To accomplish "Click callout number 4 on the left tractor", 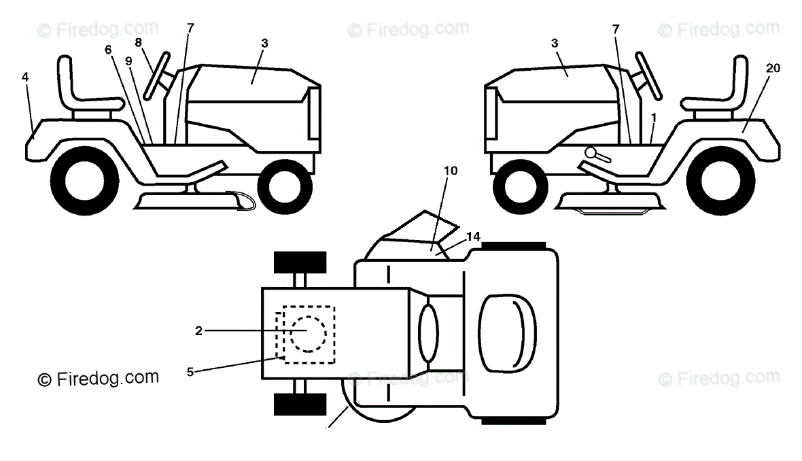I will [25, 78].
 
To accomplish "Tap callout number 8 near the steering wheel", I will [139, 42].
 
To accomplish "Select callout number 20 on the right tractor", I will [771, 67].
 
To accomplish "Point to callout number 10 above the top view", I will [451, 171].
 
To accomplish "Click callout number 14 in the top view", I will [474, 236].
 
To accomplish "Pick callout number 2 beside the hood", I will [198, 331].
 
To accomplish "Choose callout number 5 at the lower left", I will [190, 372].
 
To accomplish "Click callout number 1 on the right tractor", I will [653, 116].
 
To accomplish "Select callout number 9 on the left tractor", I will [128, 60].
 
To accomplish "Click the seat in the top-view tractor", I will [507, 333].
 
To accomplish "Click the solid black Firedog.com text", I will [98, 378].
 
